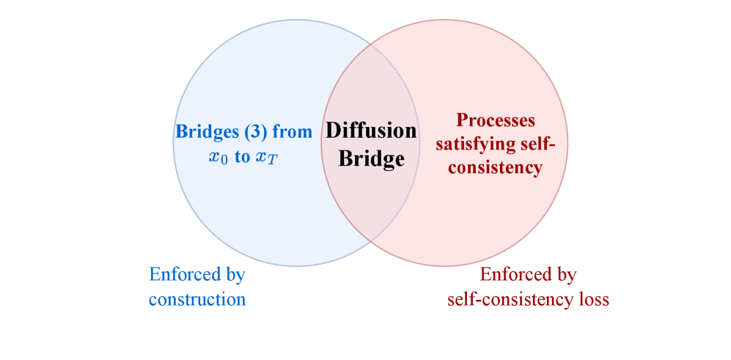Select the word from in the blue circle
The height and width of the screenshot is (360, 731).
pos(295,133)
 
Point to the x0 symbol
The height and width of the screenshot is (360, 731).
pos(218,158)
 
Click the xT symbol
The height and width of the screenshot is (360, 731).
pos(266,158)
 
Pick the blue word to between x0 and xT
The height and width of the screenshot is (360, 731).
pos(242,158)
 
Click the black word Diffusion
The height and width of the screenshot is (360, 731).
pos(371,131)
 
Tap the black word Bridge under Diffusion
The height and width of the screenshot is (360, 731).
pos(371,158)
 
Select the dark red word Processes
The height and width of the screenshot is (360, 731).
pos(496,120)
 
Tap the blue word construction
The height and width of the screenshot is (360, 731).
pos(197,299)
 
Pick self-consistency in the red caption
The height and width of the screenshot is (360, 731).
pos(513,299)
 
